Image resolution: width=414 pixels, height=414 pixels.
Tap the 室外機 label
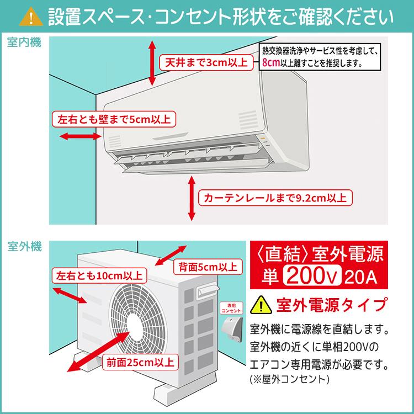24,247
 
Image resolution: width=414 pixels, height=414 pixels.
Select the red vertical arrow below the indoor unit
192,198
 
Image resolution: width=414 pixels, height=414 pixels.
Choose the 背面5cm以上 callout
208,267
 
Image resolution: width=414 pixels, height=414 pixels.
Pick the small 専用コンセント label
228,307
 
